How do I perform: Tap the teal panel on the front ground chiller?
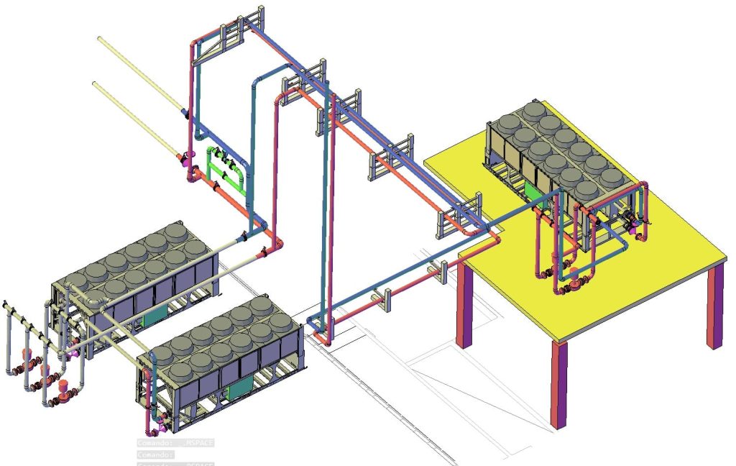click(x=238, y=390)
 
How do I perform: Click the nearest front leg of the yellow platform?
click(x=558, y=385)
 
